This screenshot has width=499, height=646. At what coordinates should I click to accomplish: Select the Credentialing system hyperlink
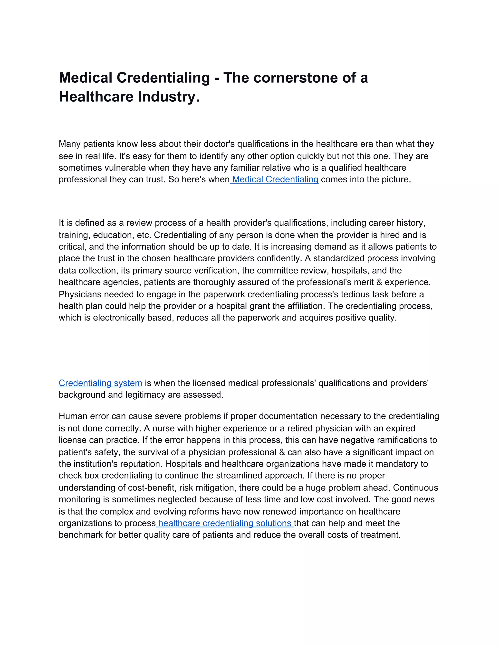click(101, 383)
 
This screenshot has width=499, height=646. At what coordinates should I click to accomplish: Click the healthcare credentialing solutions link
click(225, 523)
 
